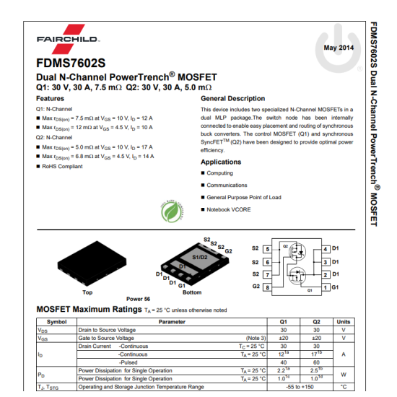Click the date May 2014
click(x=339, y=48)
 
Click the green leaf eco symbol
click(x=171, y=211)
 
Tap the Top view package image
click(x=87, y=264)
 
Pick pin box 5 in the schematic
click(x=268, y=249)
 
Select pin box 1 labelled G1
click(x=326, y=287)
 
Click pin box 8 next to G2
click(x=268, y=287)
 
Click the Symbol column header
click(x=56, y=321)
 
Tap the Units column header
click(x=344, y=321)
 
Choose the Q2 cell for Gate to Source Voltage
click(x=316, y=338)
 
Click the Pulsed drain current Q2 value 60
click(x=316, y=362)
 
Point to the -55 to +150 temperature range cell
click(x=300, y=387)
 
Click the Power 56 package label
click(x=138, y=299)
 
